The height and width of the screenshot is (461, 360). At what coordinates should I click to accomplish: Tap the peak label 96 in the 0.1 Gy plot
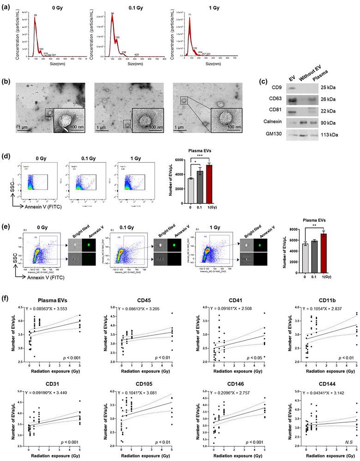click(112, 13)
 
